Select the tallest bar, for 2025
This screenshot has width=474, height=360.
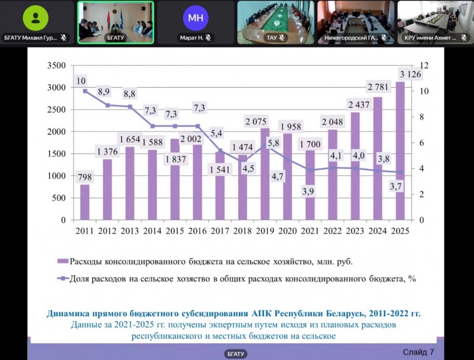401,153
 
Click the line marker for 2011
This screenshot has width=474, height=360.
84,91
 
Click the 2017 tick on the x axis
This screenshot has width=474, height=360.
220,231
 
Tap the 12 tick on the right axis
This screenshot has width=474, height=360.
424,65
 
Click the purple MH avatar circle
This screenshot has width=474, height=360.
195,17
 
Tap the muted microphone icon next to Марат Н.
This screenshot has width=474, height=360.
208,37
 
